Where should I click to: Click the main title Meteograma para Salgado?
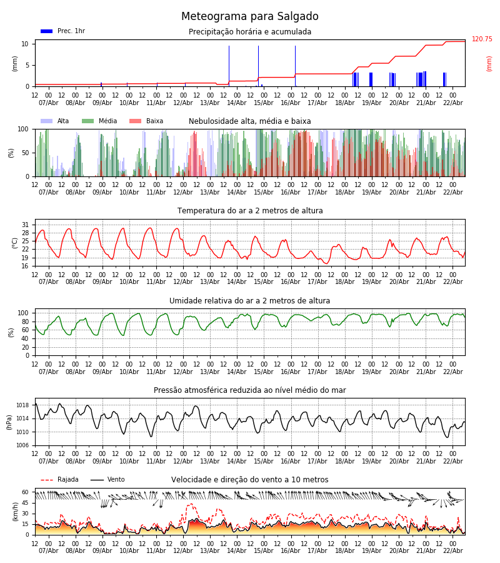(250, 17)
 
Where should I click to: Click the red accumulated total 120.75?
(482, 39)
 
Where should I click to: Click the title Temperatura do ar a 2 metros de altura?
(250, 211)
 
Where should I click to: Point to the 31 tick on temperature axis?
(26, 225)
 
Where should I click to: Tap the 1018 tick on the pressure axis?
(22, 405)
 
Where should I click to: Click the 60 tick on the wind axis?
(26, 492)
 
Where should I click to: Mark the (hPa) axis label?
(10, 422)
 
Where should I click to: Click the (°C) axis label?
(15, 243)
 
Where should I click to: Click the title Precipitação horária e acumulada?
(250, 32)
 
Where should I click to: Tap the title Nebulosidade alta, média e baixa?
(250, 121)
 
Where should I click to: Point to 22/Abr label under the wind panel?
(452, 550)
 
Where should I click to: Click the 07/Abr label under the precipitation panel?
(49, 103)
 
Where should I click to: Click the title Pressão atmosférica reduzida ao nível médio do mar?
(250, 390)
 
